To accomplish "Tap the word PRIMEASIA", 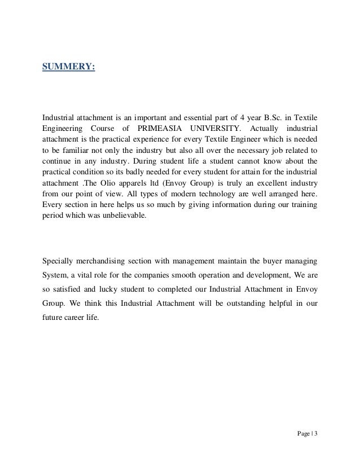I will (x=159, y=128).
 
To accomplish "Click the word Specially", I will (x=59, y=261).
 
